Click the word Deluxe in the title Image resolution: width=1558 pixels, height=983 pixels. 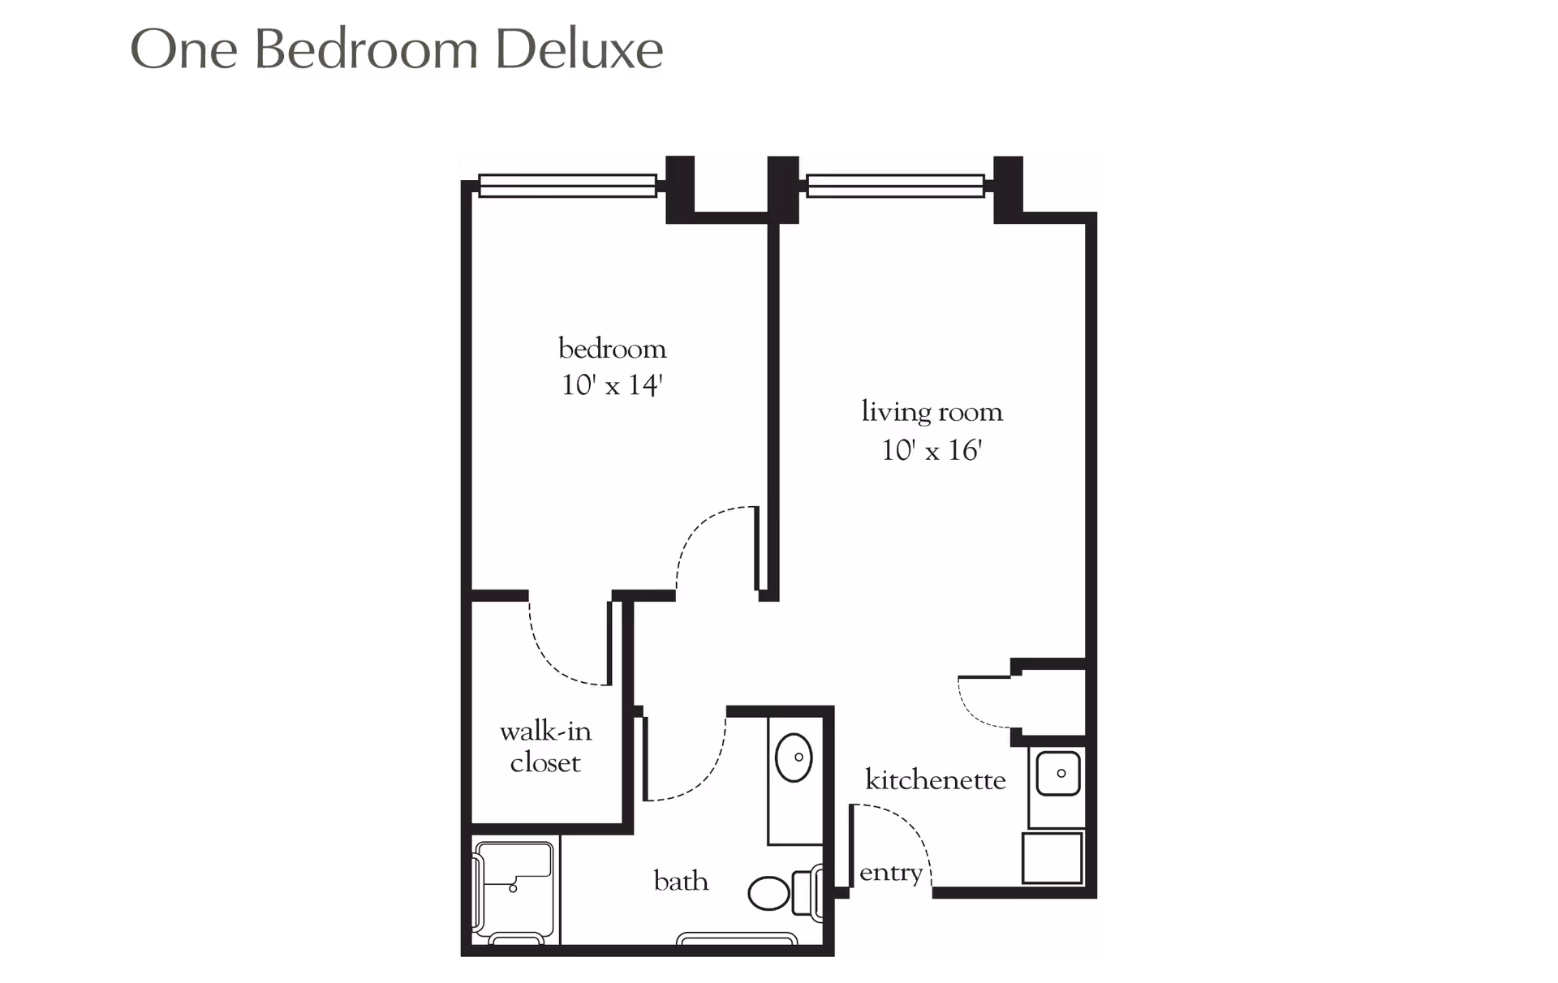click(579, 50)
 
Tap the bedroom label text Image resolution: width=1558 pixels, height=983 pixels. click(613, 349)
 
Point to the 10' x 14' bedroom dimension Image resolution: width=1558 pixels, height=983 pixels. click(613, 384)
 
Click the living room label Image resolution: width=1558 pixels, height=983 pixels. click(932, 412)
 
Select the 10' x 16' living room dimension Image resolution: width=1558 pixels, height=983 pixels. click(932, 449)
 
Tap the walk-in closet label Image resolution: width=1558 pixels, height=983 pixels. click(545, 747)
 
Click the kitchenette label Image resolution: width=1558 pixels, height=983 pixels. click(935, 780)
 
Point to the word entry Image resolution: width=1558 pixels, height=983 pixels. click(890, 873)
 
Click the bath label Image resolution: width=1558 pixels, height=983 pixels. click(681, 881)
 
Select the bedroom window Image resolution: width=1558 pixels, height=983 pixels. click(567, 186)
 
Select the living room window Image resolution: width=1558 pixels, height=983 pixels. click(896, 186)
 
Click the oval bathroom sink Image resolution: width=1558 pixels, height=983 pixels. click(794, 758)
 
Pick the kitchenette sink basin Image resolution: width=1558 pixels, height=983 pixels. click(1057, 773)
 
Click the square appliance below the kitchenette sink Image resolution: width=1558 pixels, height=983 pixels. click(1052, 857)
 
